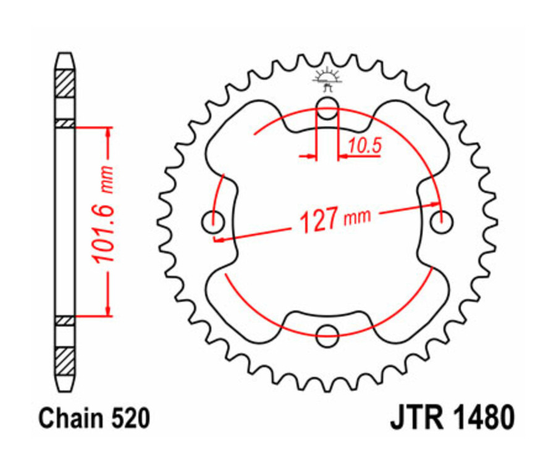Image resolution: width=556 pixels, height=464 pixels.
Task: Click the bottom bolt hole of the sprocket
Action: [327, 336]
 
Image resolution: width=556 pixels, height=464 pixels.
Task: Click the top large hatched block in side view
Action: [65, 84]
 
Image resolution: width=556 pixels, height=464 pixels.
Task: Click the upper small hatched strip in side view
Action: [65, 123]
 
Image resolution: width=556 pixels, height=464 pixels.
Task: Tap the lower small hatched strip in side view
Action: [65, 320]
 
